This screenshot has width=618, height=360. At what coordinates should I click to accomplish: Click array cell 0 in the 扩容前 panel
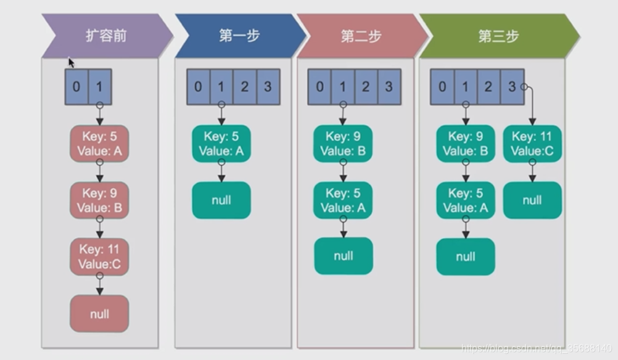(x=76, y=87)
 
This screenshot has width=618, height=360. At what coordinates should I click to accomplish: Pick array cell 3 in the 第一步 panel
(x=267, y=87)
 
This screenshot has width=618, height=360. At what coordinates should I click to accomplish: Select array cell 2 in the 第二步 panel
(x=366, y=87)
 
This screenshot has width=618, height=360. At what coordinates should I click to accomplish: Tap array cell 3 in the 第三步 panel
(x=511, y=87)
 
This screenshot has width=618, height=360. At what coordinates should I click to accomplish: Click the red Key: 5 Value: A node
(x=99, y=144)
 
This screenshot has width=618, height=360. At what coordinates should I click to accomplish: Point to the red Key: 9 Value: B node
(x=99, y=200)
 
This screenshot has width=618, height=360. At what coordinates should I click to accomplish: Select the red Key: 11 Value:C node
(x=99, y=257)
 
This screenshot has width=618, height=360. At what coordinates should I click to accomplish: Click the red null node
(x=99, y=314)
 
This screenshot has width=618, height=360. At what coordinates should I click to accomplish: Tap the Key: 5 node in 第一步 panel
(x=221, y=144)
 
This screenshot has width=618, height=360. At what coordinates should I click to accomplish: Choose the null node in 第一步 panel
(x=221, y=200)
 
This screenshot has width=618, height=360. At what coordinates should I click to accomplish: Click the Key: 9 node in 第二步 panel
(x=343, y=144)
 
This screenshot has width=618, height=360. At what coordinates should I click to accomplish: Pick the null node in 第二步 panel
(x=343, y=256)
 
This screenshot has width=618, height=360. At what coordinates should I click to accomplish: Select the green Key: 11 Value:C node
(x=532, y=144)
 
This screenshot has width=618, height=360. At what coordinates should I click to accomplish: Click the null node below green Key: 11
(x=532, y=200)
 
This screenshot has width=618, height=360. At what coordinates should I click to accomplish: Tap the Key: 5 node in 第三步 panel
(x=466, y=200)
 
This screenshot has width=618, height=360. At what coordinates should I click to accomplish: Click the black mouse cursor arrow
(x=72, y=63)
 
